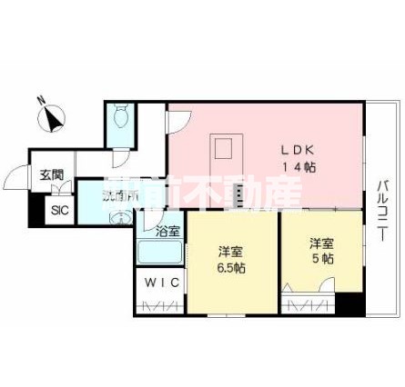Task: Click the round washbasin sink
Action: (x=119, y=218)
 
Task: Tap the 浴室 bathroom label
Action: (x=167, y=233)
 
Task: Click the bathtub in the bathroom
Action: (x=158, y=256)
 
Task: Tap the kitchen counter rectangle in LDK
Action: (x=226, y=149)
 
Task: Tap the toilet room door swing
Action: (x=119, y=156)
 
